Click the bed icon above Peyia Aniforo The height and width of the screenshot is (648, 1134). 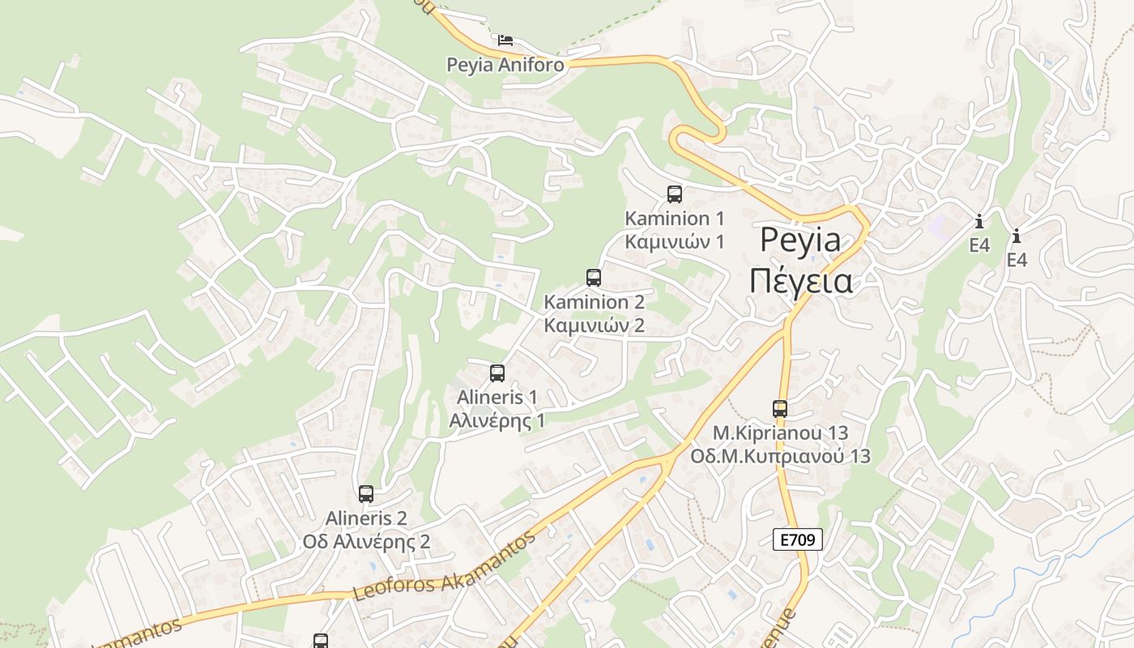[505, 39]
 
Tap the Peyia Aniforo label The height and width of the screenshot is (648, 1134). [505, 65]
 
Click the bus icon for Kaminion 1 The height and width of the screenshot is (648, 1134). [675, 194]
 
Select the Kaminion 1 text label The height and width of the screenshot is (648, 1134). [675, 218]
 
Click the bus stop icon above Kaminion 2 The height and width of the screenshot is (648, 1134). [594, 278]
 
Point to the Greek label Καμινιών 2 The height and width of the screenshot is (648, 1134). [594, 326]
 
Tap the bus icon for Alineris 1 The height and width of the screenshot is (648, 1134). [497, 373]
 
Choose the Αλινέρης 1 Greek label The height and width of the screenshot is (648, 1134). [497, 420]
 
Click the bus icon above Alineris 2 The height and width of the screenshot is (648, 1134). [366, 494]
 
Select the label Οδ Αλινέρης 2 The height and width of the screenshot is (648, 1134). [366, 541]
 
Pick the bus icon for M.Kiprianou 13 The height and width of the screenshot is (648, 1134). [780, 409]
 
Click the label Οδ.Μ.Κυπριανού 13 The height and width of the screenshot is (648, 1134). [780, 456]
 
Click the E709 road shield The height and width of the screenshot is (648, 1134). [798, 539]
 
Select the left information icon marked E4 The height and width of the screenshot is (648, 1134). [979, 220]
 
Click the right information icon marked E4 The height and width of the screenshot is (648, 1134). [1017, 236]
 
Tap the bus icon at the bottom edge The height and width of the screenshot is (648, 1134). [321, 641]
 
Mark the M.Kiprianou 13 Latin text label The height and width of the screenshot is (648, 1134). [780, 433]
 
